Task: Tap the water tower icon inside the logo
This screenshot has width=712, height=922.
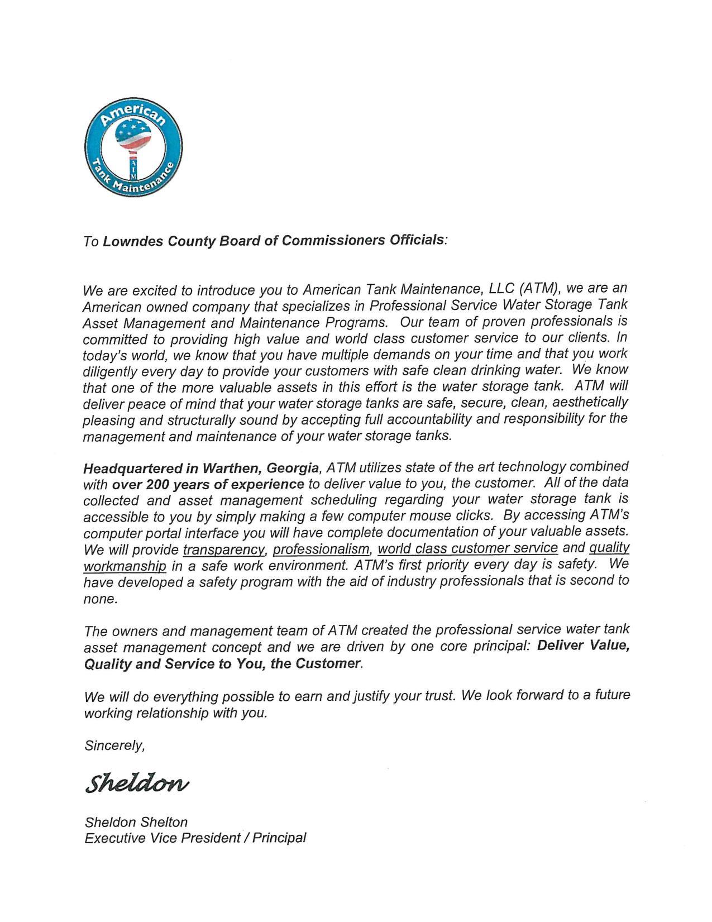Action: [x=134, y=142]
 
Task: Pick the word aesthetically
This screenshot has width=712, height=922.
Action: [x=593, y=402]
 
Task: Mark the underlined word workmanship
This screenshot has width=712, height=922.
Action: [x=125, y=566]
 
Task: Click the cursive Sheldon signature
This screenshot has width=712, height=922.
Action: [x=137, y=783]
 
